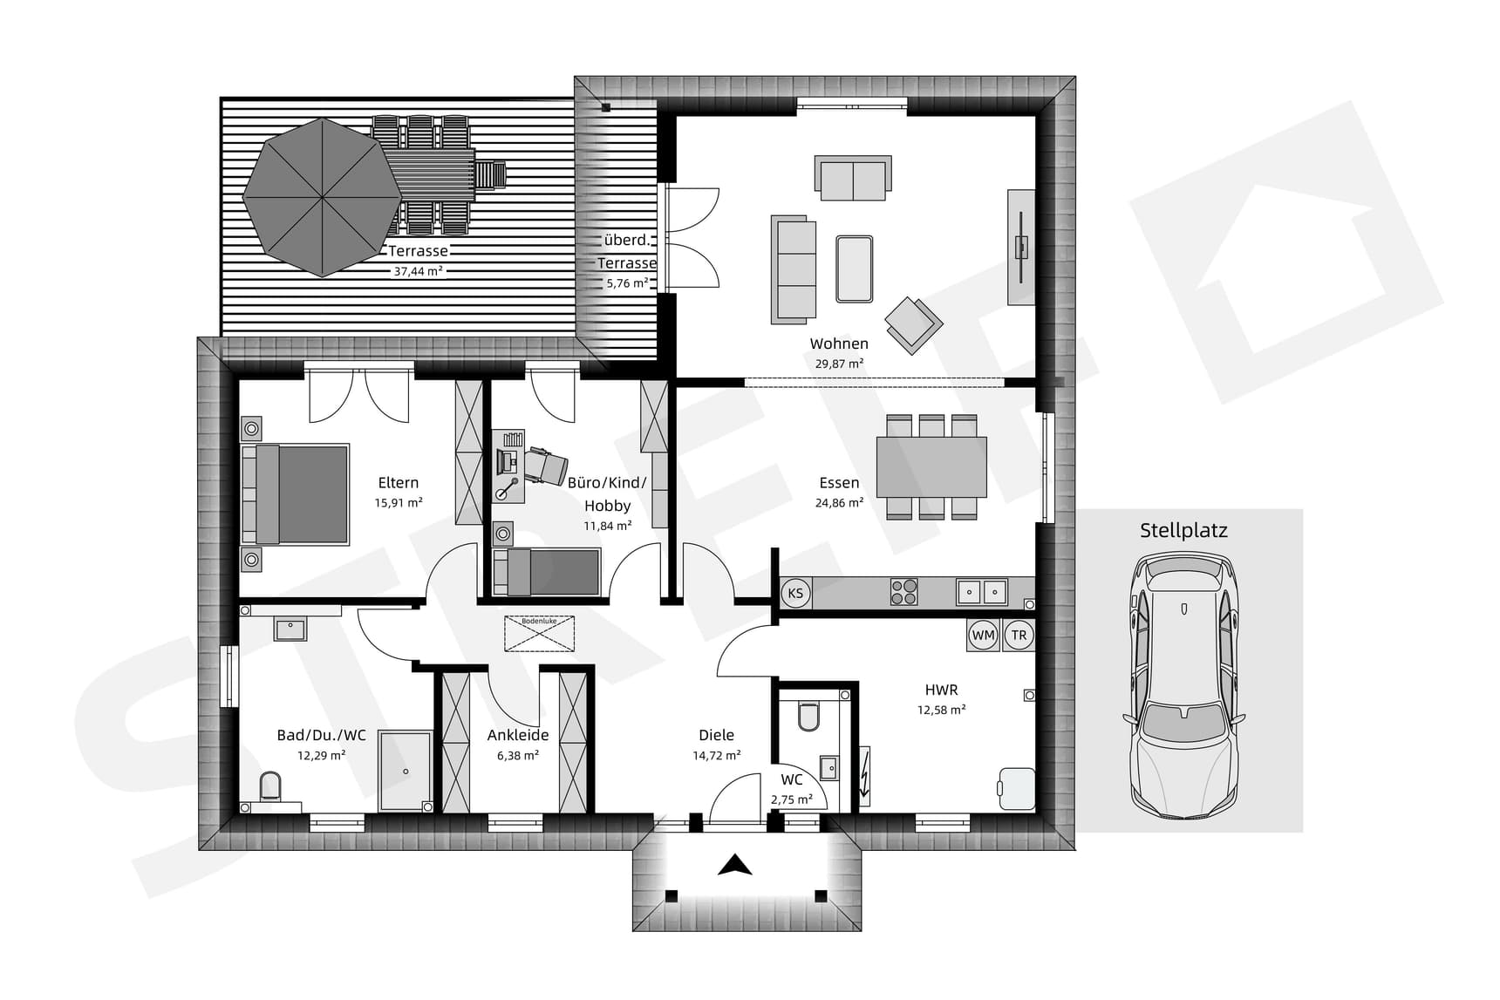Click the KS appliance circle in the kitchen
795,594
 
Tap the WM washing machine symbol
983,636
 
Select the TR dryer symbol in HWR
1019,636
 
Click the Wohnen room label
838,344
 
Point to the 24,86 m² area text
839,503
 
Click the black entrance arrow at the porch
735,865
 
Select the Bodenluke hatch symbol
539,633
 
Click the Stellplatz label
1183,530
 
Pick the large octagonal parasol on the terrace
322,198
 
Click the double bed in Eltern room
297,494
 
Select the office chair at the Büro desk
546,466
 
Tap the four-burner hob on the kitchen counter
903,592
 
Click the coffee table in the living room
854,269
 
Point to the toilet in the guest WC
808,717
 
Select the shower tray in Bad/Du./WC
405,771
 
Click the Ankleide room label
517,735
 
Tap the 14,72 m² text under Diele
716,756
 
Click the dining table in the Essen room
931,466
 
